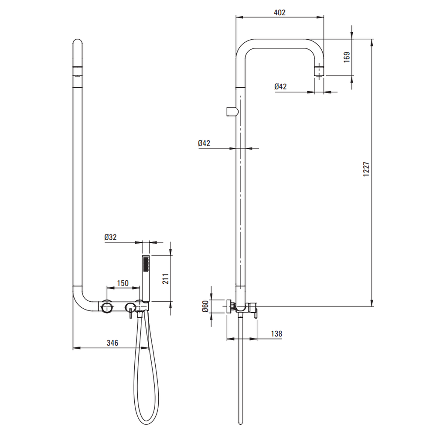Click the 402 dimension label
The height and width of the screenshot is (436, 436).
tap(279, 13)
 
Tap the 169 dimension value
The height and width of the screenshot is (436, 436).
tap(347, 57)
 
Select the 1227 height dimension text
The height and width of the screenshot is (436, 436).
tap(366, 169)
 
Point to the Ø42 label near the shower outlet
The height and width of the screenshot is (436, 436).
tap(280, 86)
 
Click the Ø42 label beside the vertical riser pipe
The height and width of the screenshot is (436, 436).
tap(204, 143)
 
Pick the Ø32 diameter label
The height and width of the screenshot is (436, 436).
tap(110, 237)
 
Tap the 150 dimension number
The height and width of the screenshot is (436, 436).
tap(123, 283)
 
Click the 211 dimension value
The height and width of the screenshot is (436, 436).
tap(165, 279)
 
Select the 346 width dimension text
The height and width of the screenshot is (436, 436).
tap(112, 343)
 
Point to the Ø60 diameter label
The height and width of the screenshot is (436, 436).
tap(205, 306)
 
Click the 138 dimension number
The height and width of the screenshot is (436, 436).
tap(276, 334)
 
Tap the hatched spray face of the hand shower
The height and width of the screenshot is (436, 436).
tap(146, 264)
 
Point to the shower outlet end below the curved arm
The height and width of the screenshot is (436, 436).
tap(319, 71)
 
